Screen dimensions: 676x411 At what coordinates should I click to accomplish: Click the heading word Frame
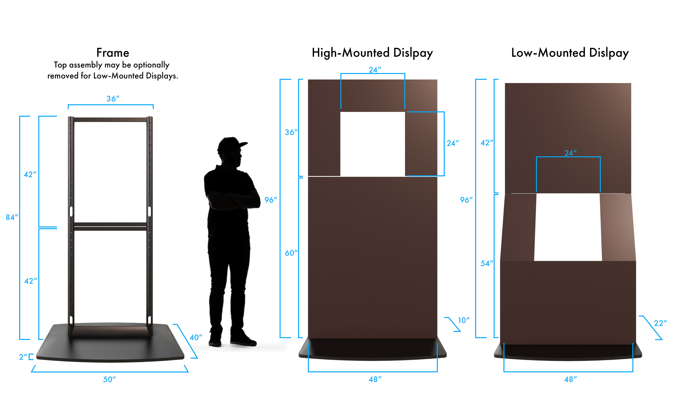coord(113,53)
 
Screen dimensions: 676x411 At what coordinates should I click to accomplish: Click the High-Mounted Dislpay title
coord(372,53)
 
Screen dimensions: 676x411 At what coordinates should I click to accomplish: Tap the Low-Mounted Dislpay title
coord(570,53)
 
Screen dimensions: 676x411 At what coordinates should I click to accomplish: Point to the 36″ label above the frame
coord(113,99)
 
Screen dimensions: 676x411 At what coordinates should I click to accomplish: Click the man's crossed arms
coord(233,199)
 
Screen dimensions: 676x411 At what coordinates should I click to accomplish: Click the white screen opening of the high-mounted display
coord(373,144)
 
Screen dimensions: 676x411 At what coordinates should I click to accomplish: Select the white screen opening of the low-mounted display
coord(568,227)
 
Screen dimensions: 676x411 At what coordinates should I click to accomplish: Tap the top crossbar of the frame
coord(110,120)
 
